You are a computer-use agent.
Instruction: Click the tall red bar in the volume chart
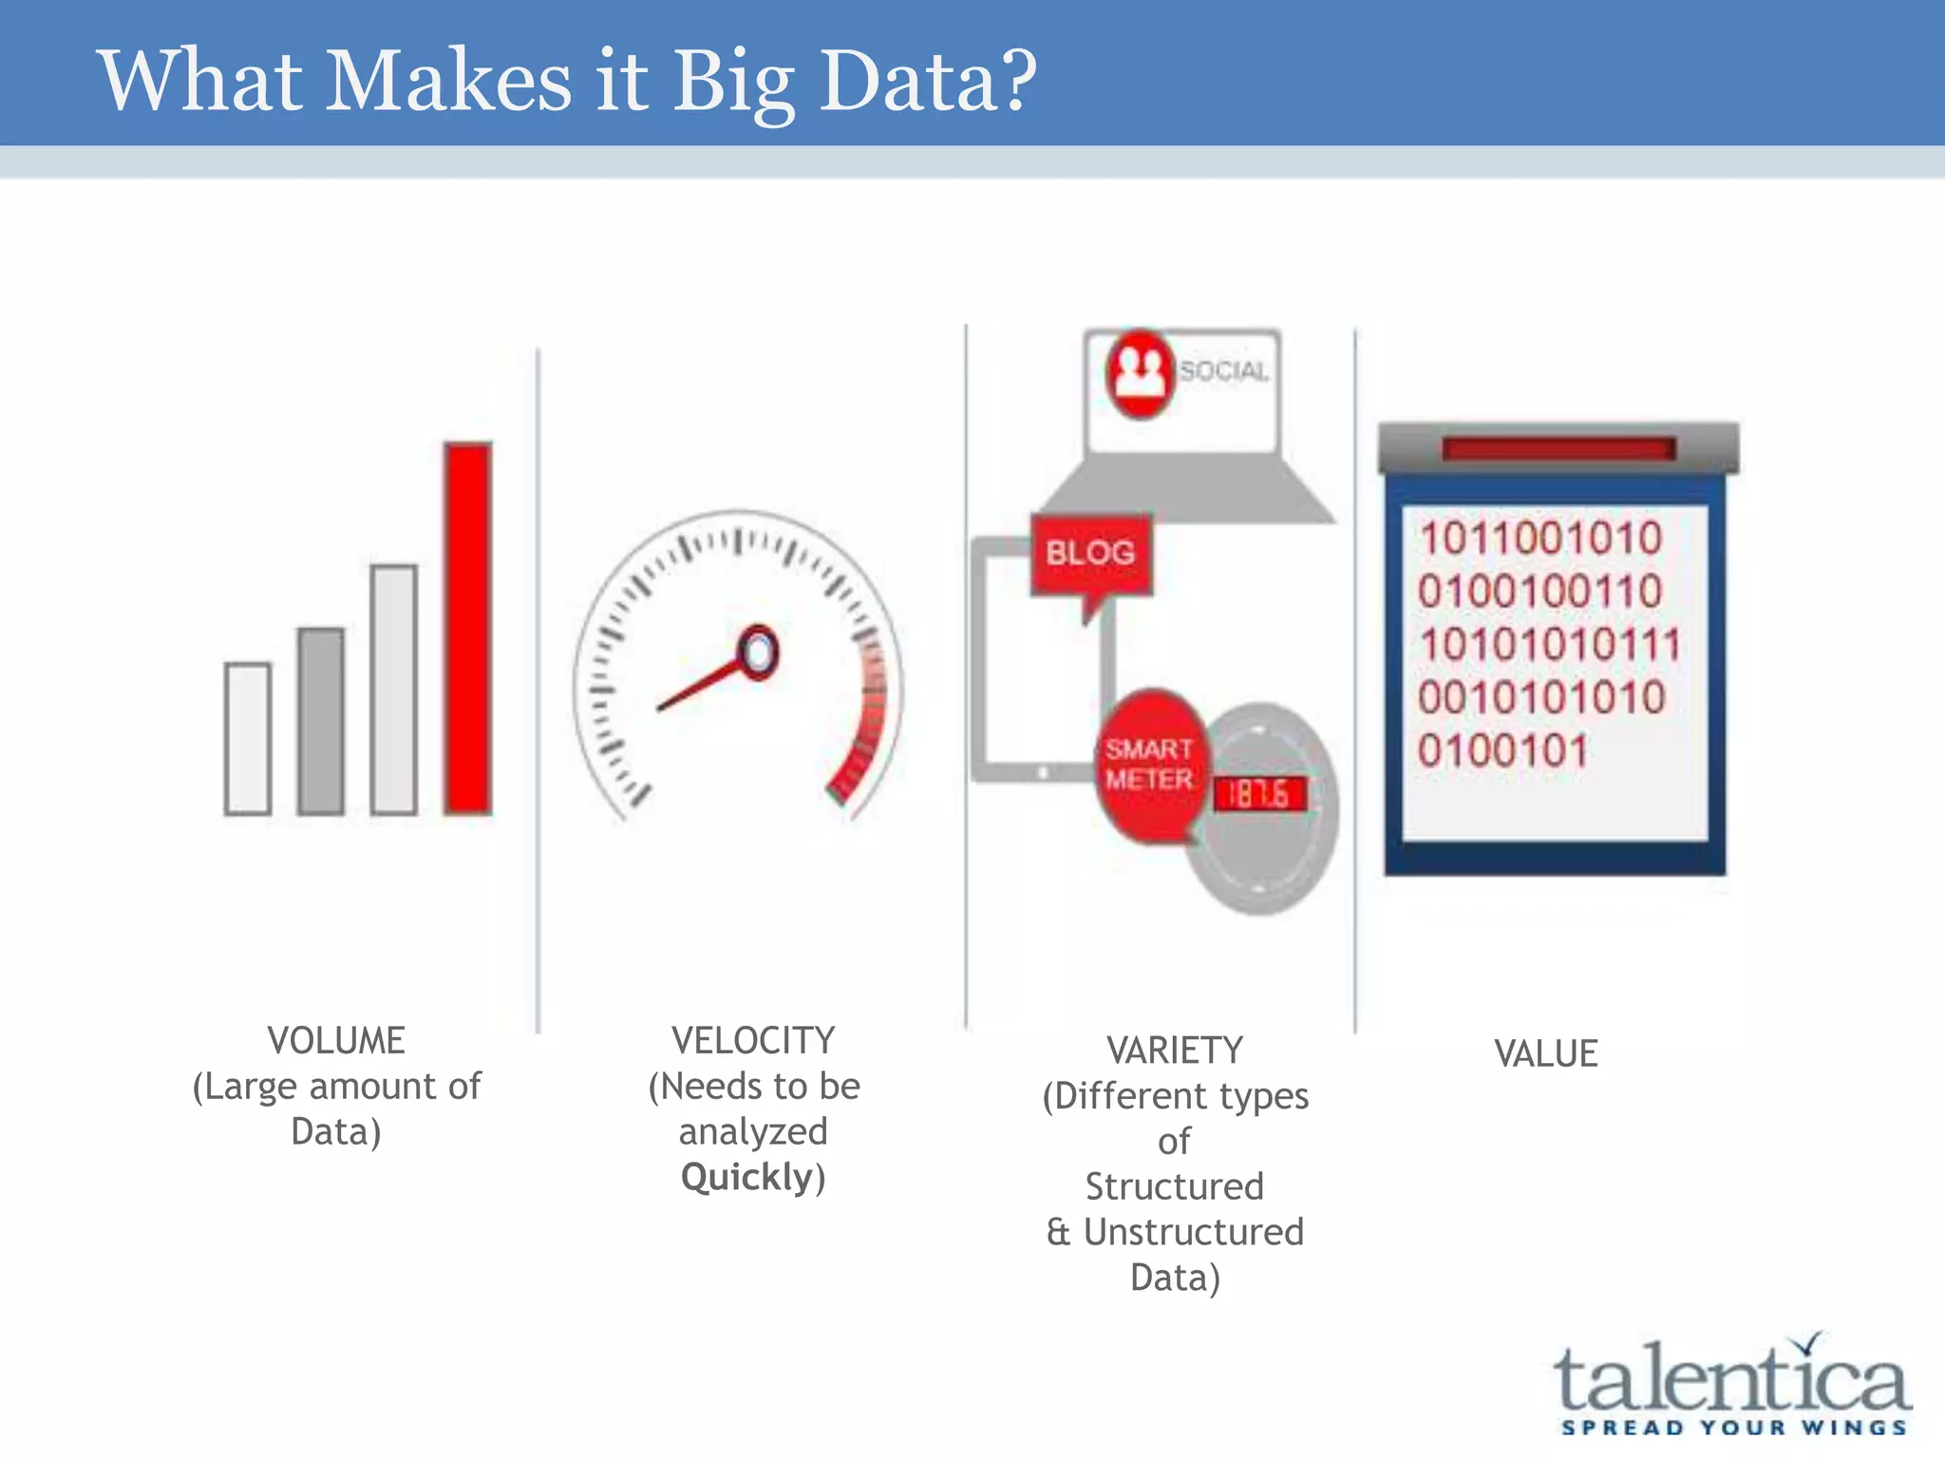click(x=467, y=628)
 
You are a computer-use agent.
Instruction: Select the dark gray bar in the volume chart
click(x=321, y=721)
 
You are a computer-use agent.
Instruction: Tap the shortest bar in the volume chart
click(x=248, y=738)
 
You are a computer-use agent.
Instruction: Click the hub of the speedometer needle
click(x=758, y=654)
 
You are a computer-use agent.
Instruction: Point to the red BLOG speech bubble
click(x=1091, y=554)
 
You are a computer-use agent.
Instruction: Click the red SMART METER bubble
click(x=1148, y=766)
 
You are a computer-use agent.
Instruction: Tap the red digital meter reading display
click(x=1259, y=794)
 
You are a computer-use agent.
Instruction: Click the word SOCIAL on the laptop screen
click(x=1223, y=371)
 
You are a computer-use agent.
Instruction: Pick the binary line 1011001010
click(x=1540, y=539)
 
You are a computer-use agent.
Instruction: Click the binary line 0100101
click(x=1502, y=751)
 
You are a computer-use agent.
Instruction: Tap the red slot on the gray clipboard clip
click(x=1558, y=448)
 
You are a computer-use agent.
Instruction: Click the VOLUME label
click(x=336, y=1041)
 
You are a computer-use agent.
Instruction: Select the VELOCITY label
click(x=753, y=1041)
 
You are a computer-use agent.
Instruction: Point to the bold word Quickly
click(x=747, y=1178)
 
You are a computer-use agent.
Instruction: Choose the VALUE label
click(x=1546, y=1054)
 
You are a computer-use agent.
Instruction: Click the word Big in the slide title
click(x=733, y=82)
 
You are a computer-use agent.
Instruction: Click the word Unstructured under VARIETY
click(x=1194, y=1232)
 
